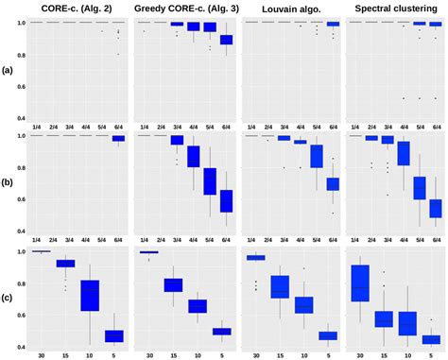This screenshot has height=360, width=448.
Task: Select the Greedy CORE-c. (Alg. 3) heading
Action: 182,8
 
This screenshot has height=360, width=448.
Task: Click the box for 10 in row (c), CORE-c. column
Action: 89,295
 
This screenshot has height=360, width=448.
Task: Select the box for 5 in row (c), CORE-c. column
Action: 113,335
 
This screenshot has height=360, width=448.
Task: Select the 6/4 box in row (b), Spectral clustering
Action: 435,208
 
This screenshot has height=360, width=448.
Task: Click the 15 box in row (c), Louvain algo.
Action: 280,286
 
